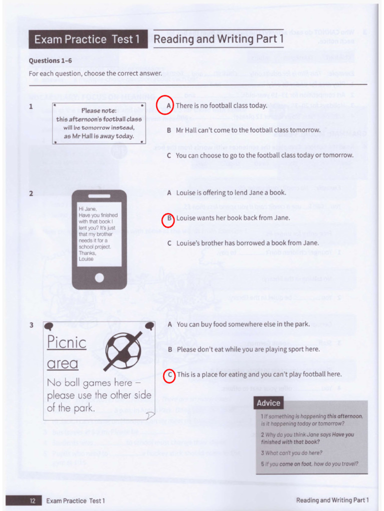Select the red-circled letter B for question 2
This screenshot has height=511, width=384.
pos(168,219)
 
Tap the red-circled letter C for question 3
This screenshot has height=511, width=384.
pos(169,375)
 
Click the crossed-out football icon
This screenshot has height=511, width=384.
pos(123,351)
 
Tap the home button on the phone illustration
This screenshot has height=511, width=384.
pos(99,277)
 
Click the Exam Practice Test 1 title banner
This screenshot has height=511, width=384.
pos(88,39)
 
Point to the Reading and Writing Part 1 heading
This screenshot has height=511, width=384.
pos(218,39)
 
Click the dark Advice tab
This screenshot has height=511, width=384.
pos(268,403)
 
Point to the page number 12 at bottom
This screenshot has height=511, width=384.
pos(32,501)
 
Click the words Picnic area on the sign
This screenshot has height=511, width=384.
pos(66,352)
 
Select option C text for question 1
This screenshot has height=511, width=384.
pos(264,155)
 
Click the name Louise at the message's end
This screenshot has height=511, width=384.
pos(86,259)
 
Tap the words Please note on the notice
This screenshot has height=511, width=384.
pos(98,110)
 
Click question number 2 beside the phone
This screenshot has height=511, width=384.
pos(31,194)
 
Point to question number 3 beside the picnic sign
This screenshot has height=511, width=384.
pos(31,325)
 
